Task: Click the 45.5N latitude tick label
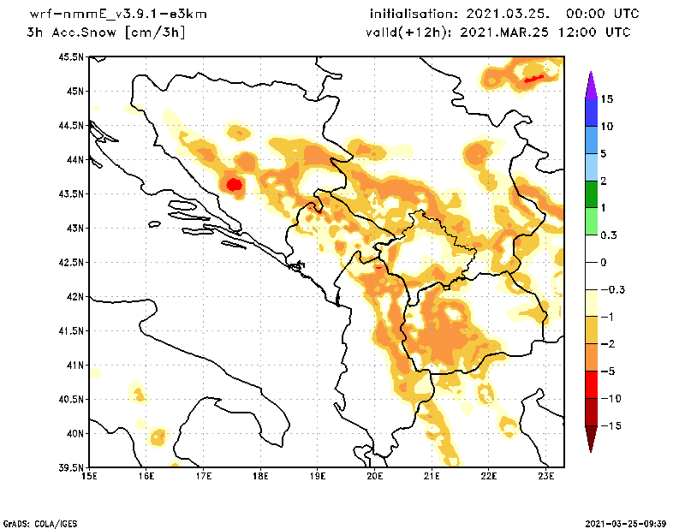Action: pyautogui.click(x=72, y=57)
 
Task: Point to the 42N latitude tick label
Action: pyautogui.click(x=74, y=297)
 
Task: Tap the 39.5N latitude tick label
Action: pyautogui.click(x=72, y=468)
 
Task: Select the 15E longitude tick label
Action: pyautogui.click(x=88, y=475)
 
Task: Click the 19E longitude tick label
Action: pyautogui.click(x=318, y=475)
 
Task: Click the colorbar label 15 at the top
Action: pyautogui.click(x=607, y=99)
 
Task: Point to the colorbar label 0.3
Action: pyautogui.click(x=608, y=235)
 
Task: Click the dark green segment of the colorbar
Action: pyautogui.click(x=591, y=193)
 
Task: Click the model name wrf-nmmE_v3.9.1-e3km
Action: pyautogui.click(x=118, y=15)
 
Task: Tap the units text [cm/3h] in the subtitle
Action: pyautogui.click(x=155, y=33)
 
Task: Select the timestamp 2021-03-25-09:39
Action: pyautogui.click(x=626, y=522)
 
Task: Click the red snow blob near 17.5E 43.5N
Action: pyautogui.click(x=234, y=183)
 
